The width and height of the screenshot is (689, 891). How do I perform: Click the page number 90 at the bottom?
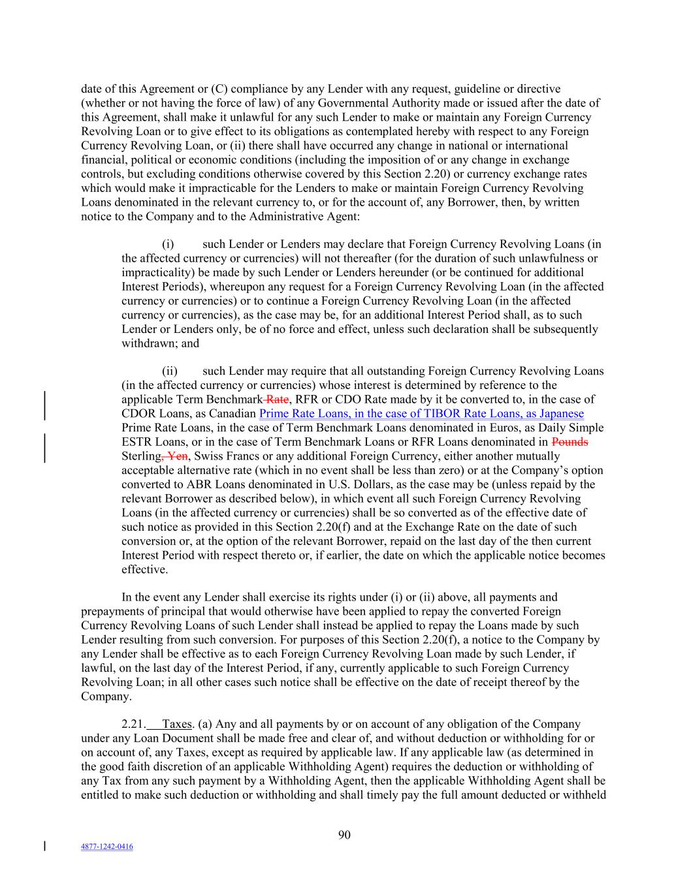345,835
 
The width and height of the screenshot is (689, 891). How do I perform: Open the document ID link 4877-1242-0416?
106,847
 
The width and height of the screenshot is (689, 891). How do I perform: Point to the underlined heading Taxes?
176,724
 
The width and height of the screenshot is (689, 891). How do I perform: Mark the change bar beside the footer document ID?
44,847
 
